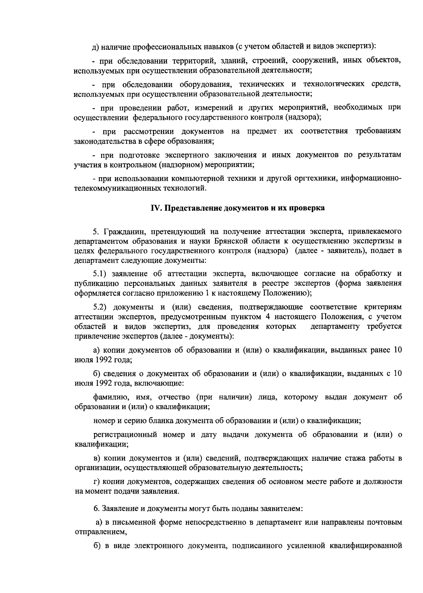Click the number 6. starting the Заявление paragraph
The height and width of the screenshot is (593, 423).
97,509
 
